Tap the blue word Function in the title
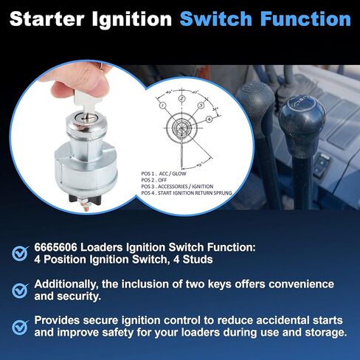click(307, 17)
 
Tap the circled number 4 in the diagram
click(210, 119)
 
